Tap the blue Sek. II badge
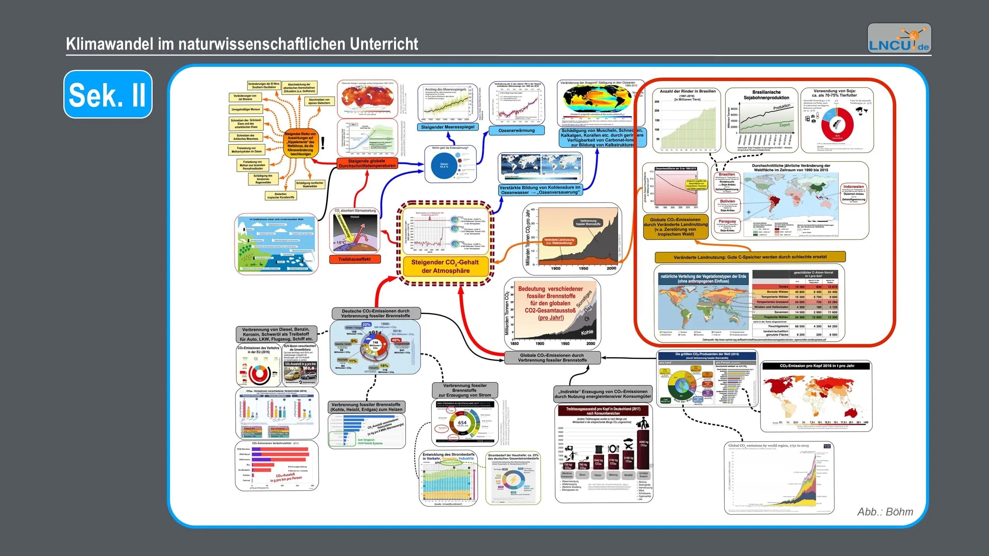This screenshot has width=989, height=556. coord(108,94)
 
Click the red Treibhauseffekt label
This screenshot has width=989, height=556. coord(354,259)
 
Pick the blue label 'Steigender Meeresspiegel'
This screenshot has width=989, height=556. coord(447,127)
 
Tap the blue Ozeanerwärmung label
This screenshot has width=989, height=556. coord(517,131)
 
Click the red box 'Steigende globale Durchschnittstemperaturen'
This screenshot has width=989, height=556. coord(367,163)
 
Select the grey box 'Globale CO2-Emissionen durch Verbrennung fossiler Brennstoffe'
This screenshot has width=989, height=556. coord(552,358)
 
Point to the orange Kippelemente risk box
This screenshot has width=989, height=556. coord(301,144)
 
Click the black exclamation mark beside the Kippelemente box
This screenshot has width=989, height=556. coord(323,143)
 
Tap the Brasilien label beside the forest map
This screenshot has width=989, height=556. coord(727,175)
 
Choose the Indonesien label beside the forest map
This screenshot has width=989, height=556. coord(853,187)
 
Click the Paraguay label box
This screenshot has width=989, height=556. coord(727,222)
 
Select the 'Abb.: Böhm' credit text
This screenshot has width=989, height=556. coord(885,512)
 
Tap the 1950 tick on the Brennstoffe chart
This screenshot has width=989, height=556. coord(565,344)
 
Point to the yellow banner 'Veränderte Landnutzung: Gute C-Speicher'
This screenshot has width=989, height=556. coord(750,257)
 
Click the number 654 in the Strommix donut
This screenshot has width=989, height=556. coord(462,423)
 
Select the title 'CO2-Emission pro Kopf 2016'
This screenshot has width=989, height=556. coord(817,366)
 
